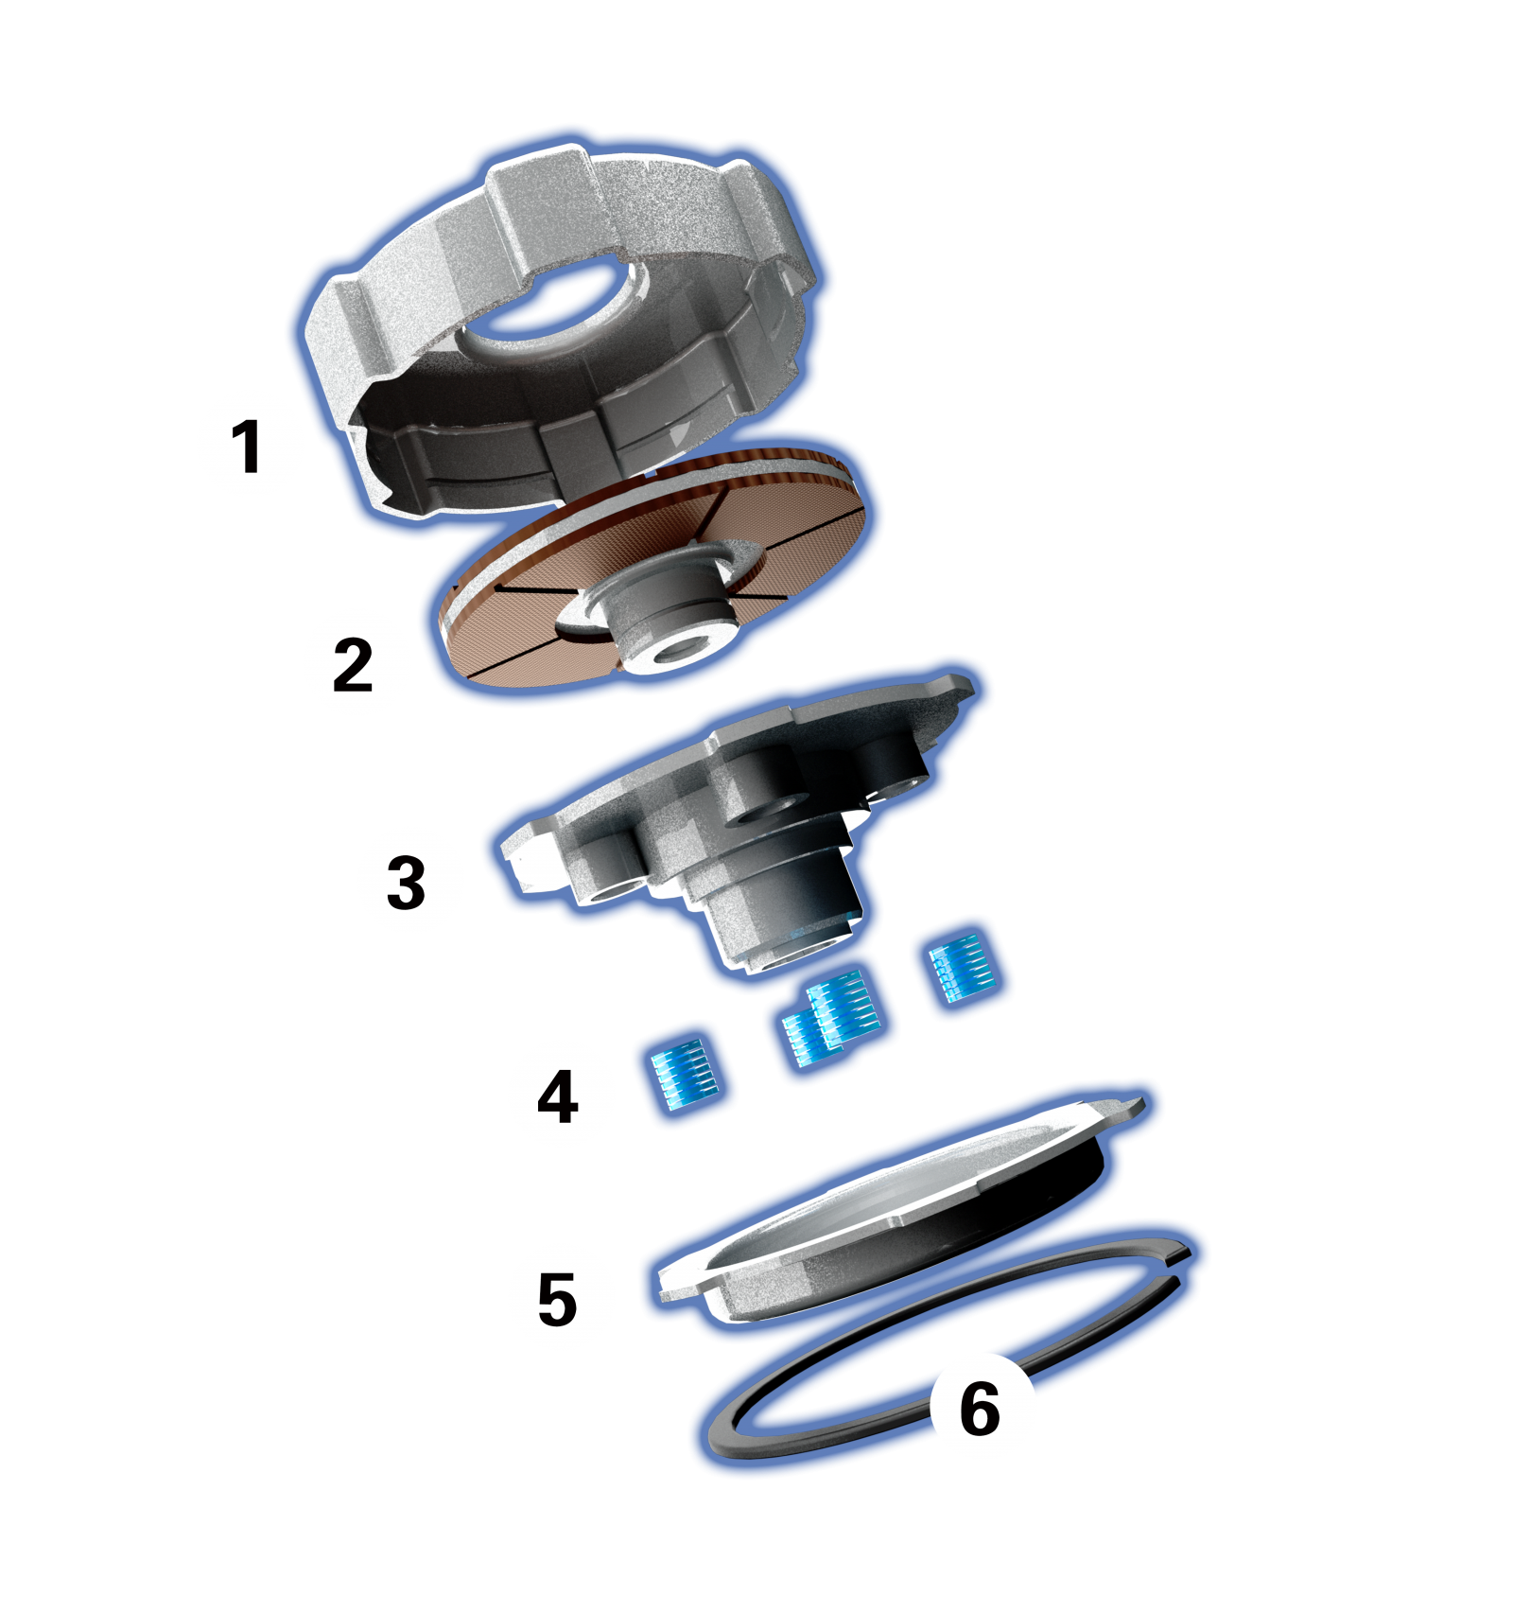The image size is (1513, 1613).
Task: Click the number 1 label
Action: click(246, 447)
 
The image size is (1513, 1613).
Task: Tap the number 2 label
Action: click(353, 664)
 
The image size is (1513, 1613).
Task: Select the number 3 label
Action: click(406, 883)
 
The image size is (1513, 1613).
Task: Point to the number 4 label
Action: click(557, 1096)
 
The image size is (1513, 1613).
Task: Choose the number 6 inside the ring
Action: click(980, 1408)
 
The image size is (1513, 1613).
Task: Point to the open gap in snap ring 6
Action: click(1178, 1269)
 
